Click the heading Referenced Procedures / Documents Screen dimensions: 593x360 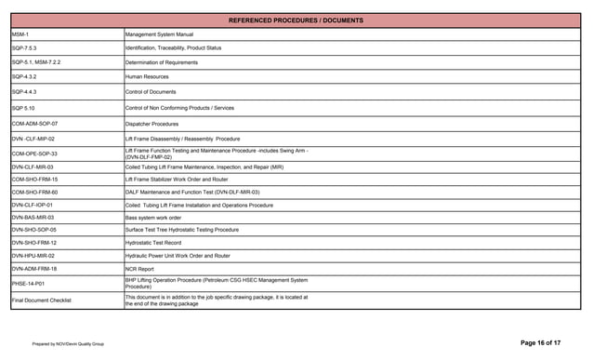point(296,20)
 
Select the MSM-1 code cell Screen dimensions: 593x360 point(20,34)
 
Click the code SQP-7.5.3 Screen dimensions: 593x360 point(25,47)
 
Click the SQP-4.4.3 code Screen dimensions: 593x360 point(25,92)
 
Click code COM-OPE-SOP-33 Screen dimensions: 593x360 point(34,153)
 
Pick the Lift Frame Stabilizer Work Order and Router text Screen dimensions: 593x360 point(177,179)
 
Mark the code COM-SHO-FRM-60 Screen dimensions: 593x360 point(34,192)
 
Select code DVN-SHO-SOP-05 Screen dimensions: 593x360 point(34,230)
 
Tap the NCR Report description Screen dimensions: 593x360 point(140,269)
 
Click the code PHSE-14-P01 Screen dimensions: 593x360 point(28,284)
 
